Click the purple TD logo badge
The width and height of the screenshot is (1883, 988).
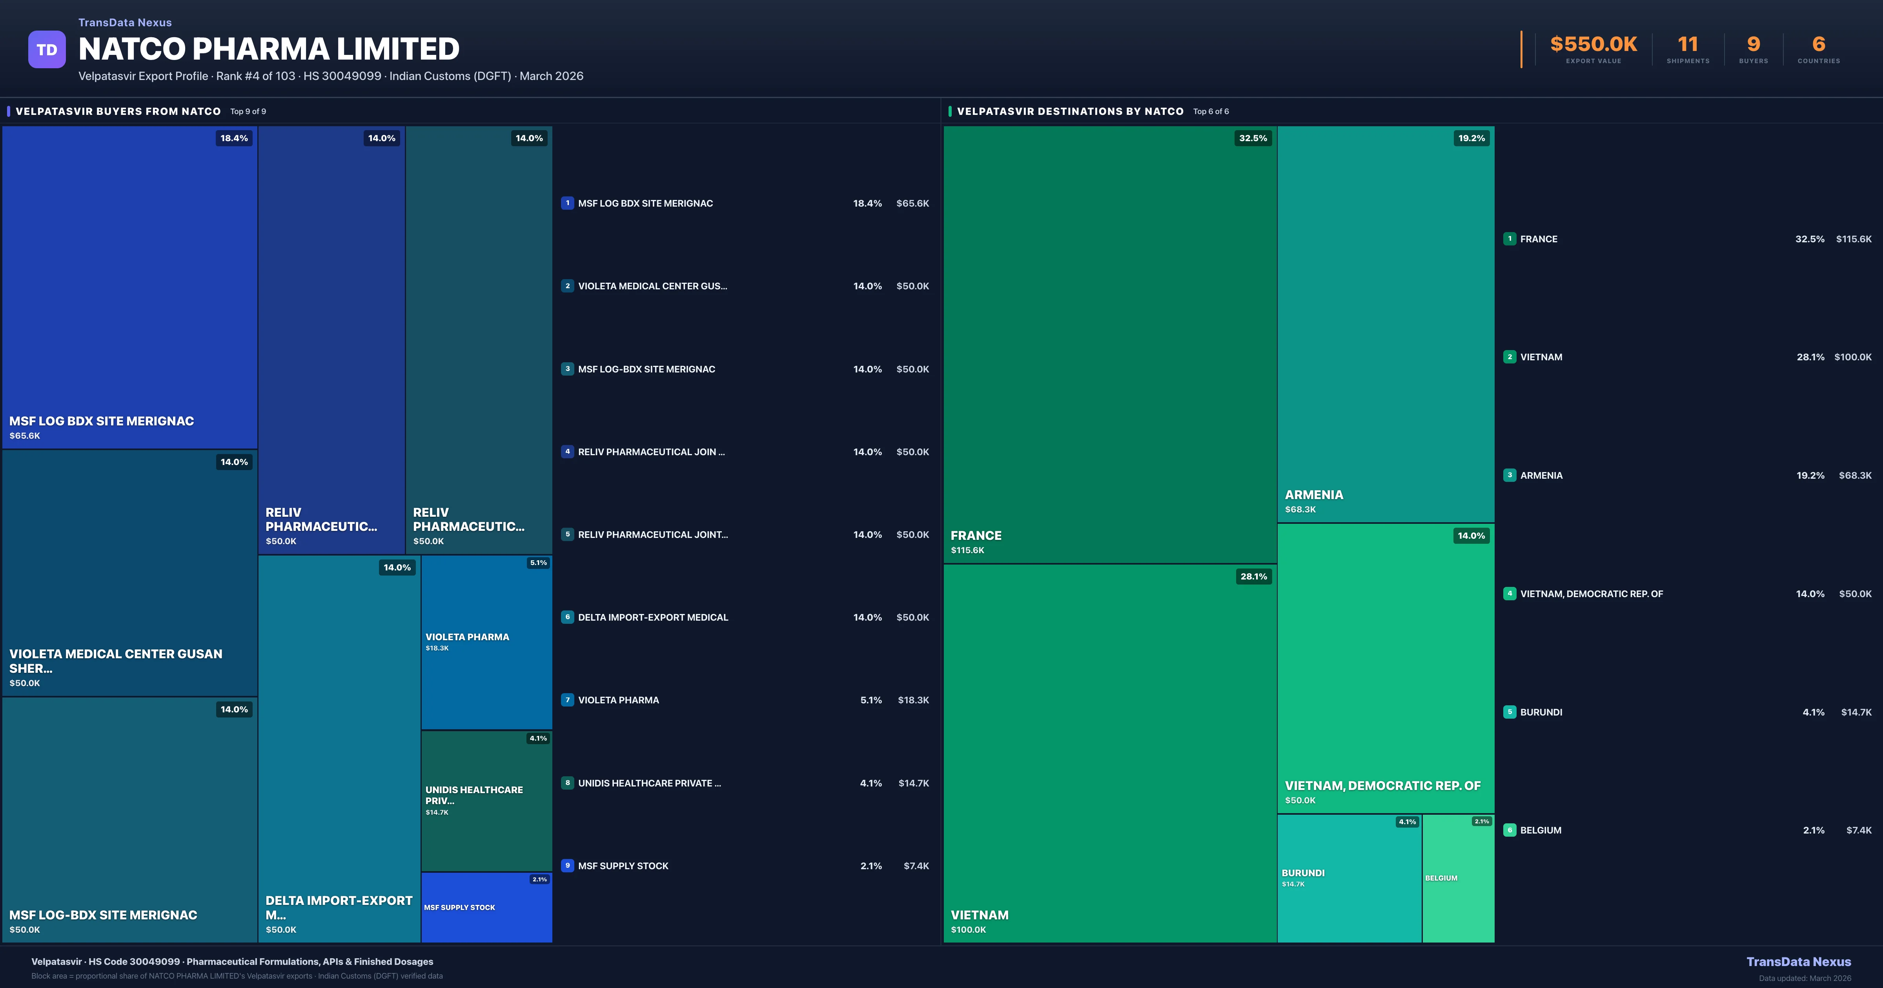(47, 50)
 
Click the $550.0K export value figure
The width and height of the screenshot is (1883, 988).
(1593, 45)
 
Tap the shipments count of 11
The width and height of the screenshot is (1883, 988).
(1688, 45)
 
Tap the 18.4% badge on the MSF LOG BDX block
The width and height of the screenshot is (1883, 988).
(234, 138)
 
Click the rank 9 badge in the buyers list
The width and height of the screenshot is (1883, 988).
(567, 865)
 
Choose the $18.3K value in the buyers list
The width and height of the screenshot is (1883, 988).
(913, 700)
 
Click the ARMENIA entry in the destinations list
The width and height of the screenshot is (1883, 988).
(1541, 476)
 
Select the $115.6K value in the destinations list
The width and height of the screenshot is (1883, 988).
(1853, 239)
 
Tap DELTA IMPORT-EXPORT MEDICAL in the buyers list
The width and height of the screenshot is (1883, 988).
(653, 617)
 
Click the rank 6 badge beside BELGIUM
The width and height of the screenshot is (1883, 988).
(1510, 830)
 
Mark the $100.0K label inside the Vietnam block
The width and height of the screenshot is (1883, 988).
(968, 930)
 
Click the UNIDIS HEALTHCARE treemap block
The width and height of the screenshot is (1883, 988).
(486, 800)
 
